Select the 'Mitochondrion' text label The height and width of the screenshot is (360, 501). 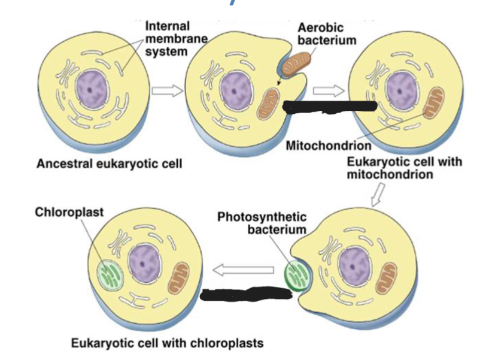(x=329, y=146)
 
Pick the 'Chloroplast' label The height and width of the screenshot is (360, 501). (x=69, y=213)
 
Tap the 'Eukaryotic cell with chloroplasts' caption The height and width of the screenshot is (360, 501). (x=167, y=343)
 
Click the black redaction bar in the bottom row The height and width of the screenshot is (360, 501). (x=246, y=294)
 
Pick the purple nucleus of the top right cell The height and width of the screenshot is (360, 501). (x=395, y=90)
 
